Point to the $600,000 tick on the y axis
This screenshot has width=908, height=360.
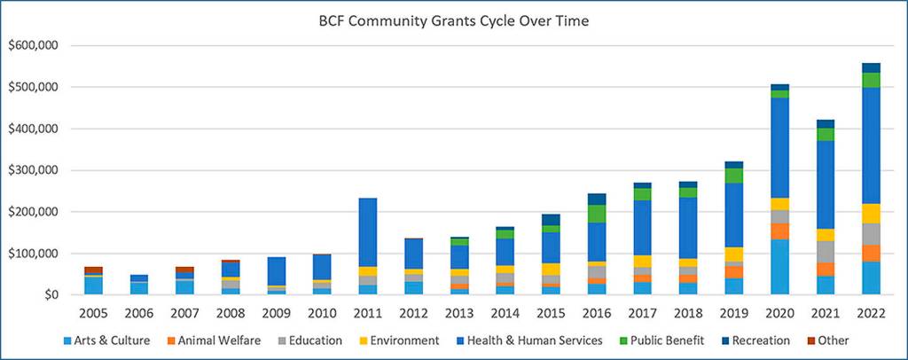click(x=33, y=46)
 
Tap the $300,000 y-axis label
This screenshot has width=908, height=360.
click(x=33, y=170)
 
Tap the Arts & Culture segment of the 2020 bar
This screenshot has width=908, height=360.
click(x=780, y=267)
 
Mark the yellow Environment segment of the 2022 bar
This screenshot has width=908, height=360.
click(x=872, y=213)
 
